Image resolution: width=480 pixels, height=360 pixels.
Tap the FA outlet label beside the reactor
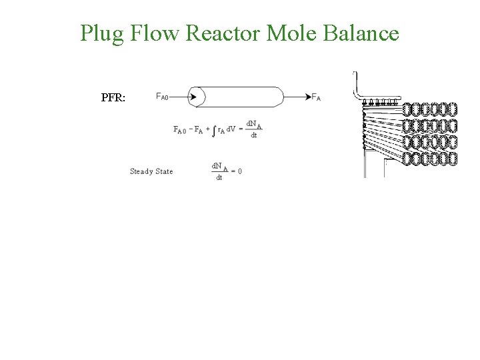click(316, 97)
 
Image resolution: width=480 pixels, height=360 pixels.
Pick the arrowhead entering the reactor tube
click(193, 97)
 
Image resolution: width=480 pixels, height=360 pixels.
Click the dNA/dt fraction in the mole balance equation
click(254, 129)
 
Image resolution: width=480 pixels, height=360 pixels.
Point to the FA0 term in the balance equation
click(180, 130)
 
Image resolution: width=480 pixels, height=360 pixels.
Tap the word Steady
click(141, 171)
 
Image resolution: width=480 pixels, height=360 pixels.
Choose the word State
click(164, 171)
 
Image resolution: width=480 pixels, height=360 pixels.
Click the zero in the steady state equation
click(239, 171)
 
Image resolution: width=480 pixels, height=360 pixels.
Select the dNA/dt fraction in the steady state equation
click(219, 171)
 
